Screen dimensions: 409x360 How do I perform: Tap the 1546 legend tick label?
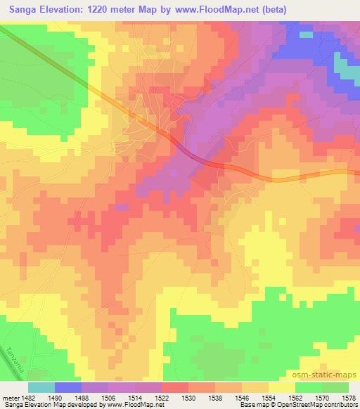[243, 398]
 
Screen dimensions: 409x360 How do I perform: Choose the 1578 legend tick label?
[348, 398]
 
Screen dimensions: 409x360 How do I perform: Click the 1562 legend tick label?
[296, 398]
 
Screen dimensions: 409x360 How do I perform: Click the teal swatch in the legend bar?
[41, 387]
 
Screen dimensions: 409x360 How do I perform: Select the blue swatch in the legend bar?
[68, 387]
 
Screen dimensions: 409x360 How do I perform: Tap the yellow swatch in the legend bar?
[281, 387]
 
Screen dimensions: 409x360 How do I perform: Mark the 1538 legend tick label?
[216, 398]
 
